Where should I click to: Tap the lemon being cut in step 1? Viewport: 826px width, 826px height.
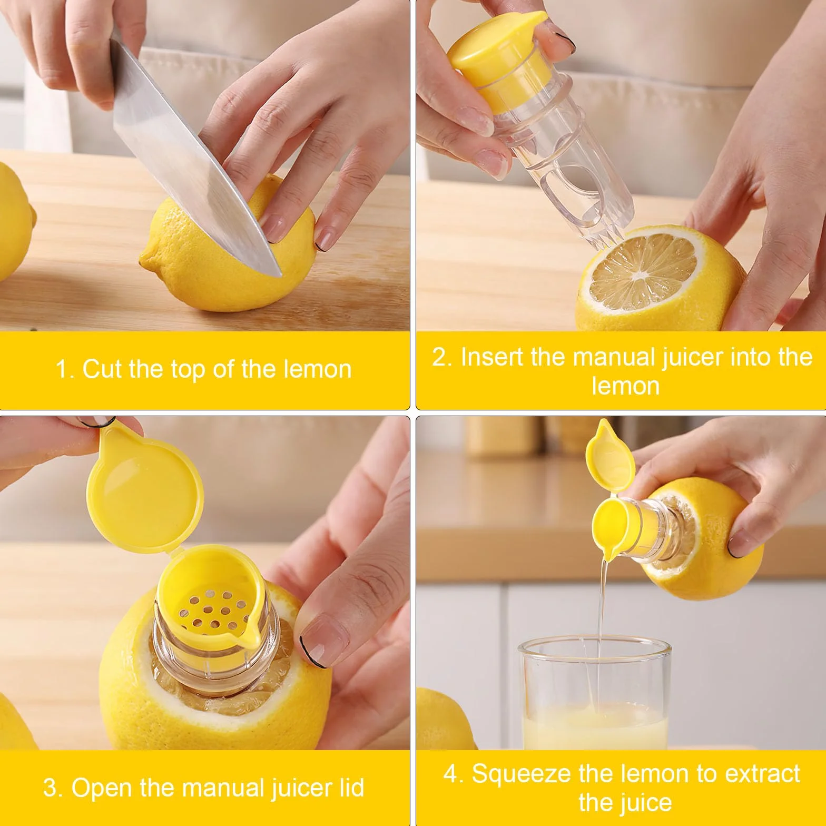click(x=232, y=253)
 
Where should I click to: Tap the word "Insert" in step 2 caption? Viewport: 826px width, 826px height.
click(x=493, y=357)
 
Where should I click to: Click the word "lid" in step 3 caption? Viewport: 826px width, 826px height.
click(x=348, y=788)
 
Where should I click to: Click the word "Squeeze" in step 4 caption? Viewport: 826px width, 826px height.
click(x=521, y=774)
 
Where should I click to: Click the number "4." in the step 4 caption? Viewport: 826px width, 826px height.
click(x=454, y=774)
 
